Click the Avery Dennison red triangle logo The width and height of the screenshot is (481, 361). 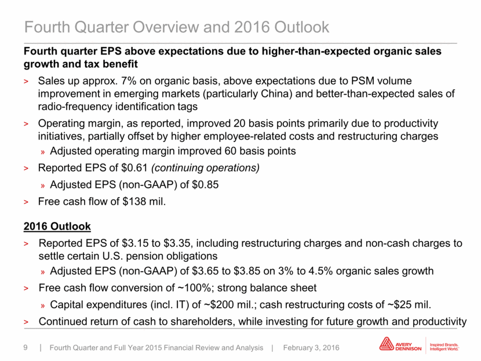coord(386,344)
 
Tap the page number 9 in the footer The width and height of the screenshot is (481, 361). coord(25,348)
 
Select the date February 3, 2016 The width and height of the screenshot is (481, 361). coord(311,348)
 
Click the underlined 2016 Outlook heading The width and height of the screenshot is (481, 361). coord(57,227)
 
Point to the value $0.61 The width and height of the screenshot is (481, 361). coord(134,168)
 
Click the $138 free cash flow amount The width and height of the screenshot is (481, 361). coord(134,202)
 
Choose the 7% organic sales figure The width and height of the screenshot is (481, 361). coord(129,81)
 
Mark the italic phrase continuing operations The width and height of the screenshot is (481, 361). coord(206,168)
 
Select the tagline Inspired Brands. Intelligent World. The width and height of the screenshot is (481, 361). coord(444,347)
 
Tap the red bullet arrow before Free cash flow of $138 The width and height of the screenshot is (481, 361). coord(26,202)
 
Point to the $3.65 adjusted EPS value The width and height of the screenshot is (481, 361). coord(205,271)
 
